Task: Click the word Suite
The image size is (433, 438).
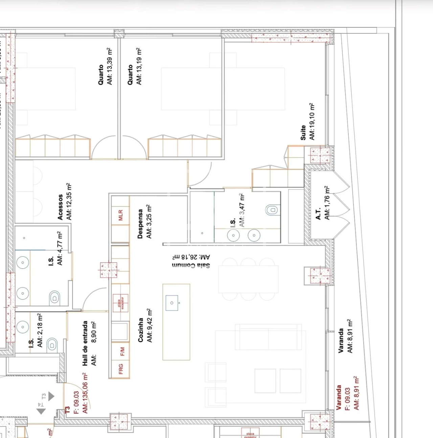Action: point(303,133)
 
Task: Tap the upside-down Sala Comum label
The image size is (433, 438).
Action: point(191,266)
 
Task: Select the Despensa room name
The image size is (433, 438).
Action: point(140,224)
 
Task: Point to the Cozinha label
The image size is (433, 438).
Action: point(141,330)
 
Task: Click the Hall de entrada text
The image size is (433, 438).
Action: point(85,343)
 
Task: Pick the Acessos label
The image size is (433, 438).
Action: point(60,207)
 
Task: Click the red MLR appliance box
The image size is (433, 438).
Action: point(121,215)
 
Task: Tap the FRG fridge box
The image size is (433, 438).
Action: point(121,369)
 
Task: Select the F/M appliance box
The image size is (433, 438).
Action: point(122,351)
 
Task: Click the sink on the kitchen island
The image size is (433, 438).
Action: point(172,303)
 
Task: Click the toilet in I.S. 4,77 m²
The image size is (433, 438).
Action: point(54,298)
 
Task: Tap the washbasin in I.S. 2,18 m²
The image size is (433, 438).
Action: point(23,327)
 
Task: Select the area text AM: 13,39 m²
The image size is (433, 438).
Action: point(109,66)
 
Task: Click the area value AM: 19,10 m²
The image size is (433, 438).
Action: point(312,121)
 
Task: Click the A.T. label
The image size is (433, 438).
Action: point(318,214)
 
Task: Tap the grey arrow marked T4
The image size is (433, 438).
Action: point(41,411)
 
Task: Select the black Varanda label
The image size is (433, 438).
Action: point(341,341)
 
